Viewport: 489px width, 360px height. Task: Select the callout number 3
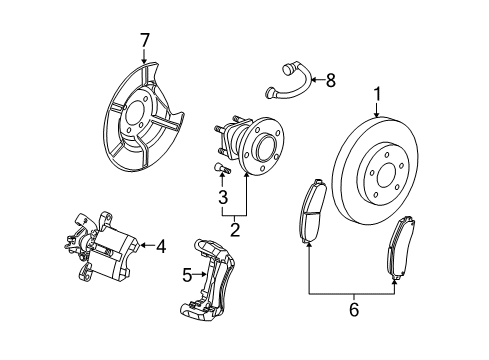pos(224,199)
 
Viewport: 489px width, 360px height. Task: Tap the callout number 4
pos(160,243)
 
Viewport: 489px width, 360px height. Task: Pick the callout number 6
pos(352,338)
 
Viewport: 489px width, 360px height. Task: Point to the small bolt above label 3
pos(222,169)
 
